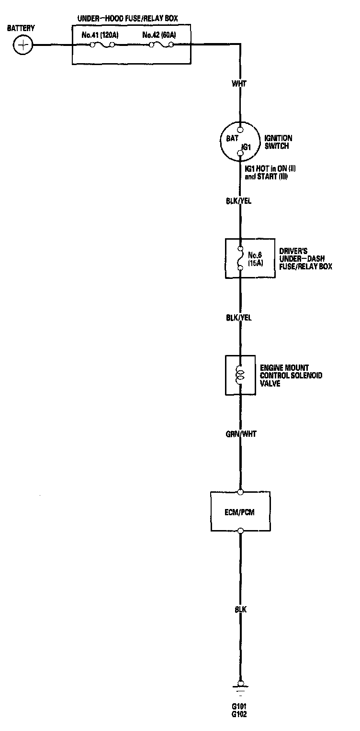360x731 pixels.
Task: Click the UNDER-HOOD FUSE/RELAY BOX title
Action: (127, 19)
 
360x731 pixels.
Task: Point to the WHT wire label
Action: (239, 84)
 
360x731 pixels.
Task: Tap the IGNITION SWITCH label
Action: (278, 142)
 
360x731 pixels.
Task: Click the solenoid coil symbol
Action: (240, 375)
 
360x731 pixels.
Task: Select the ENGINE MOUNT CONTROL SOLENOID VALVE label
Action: (291, 376)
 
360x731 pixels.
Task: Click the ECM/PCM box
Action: (240, 511)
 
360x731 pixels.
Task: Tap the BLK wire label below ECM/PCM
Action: (240, 610)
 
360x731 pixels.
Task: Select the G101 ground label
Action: (240, 706)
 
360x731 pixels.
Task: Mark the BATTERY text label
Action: (21, 29)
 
